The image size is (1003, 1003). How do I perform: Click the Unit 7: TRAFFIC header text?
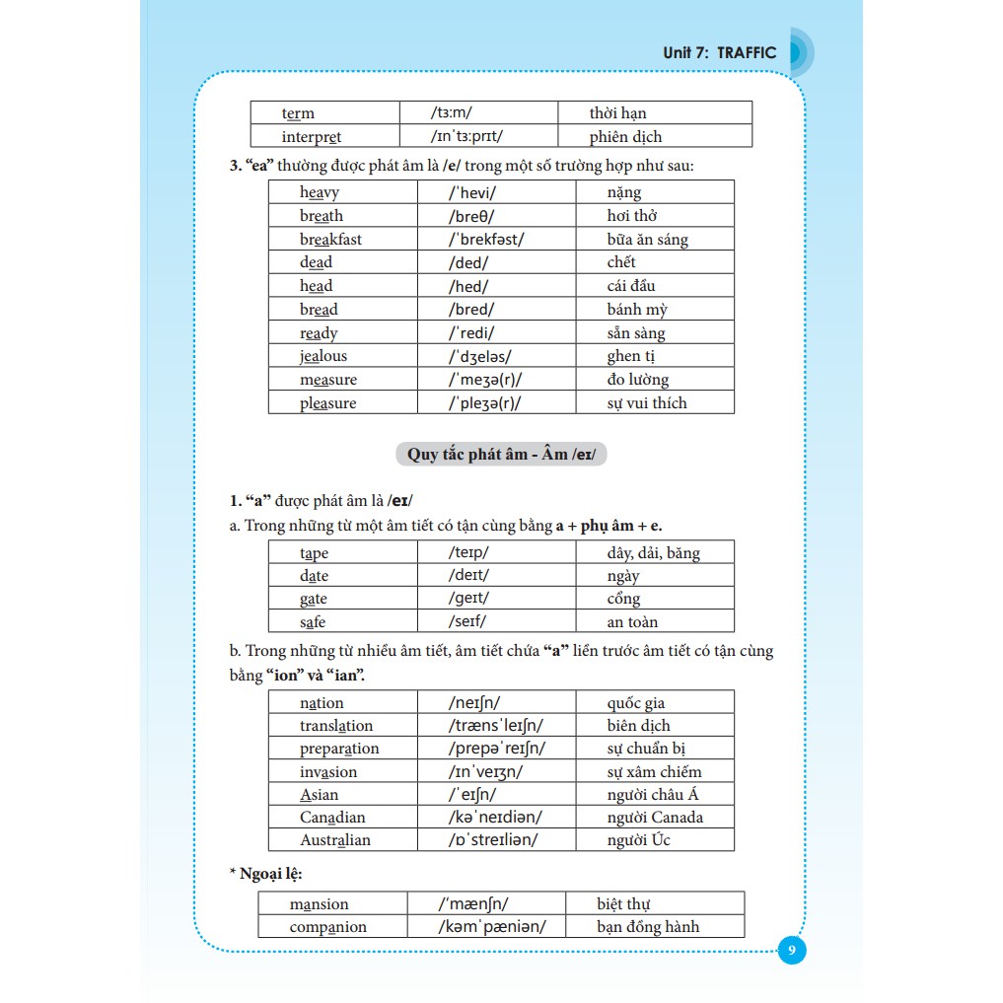pos(720,53)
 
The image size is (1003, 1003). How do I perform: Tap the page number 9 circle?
pos(792,951)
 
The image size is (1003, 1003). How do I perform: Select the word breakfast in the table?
pos(330,240)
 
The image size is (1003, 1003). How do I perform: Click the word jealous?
pos(323,356)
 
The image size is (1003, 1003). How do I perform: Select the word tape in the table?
pos(314,553)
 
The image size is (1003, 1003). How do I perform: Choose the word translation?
pos(336,726)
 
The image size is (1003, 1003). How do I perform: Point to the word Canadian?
pos(332,818)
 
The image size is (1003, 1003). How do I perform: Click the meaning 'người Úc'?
pos(638,840)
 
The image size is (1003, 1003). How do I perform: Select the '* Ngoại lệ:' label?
pos(265,874)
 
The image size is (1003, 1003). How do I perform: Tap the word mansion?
pos(319,904)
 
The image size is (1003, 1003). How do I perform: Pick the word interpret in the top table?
pos(311,137)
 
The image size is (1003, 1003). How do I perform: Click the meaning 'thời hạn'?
pos(617,113)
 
